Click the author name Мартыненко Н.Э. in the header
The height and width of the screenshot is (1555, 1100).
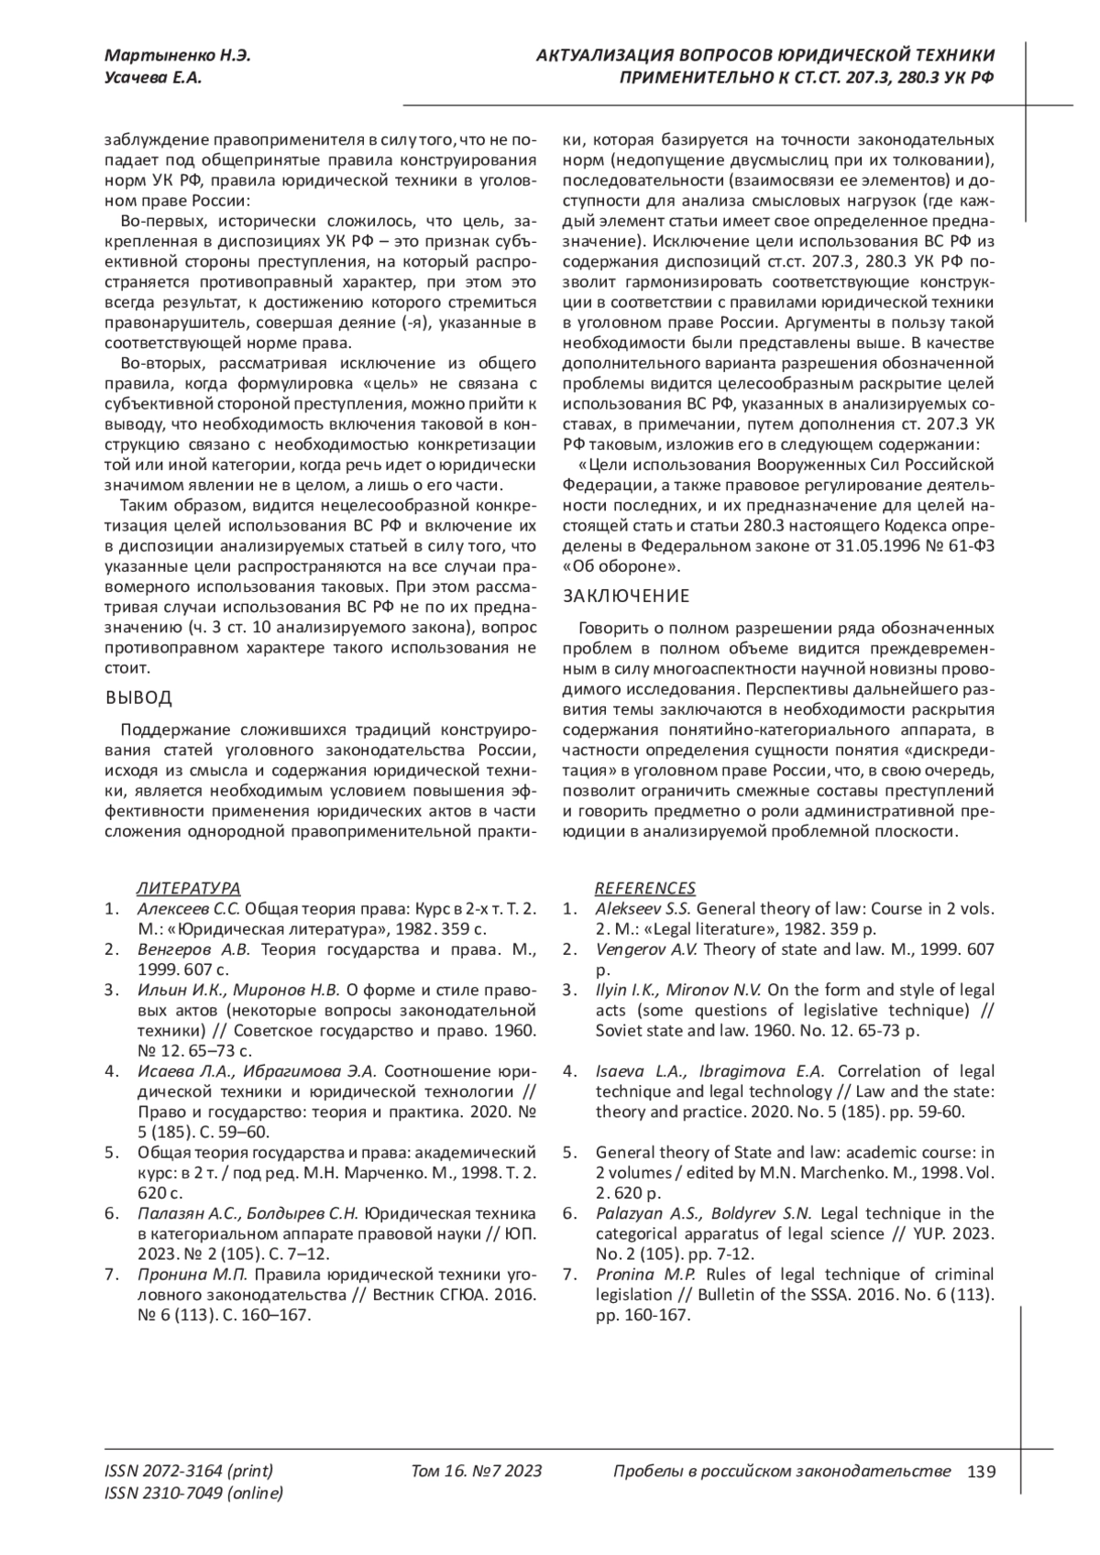tap(178, 56)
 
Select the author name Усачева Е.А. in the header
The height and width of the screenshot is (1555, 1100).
tap(154, 78)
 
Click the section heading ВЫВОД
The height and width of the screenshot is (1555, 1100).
tap(138, 698)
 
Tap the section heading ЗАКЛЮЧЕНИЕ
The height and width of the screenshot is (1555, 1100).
tap(626, 597)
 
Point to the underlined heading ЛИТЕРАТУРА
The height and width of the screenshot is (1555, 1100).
tap(189, 888)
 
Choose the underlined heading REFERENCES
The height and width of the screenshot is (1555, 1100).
tap(645, 888)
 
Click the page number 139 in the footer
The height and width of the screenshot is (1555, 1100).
tap(981, 1472)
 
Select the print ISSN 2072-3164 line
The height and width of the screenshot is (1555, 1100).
tap(189, 1472)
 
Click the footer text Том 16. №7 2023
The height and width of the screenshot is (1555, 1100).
tap(477, 1472)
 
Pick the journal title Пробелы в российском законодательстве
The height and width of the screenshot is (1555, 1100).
tap(781, 1472)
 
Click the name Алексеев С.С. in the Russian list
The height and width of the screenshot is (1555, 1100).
tap(189, 909)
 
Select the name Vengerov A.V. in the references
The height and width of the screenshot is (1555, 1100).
tap(646, 949)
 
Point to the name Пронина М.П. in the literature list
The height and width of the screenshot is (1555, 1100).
tap(192, 1275)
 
